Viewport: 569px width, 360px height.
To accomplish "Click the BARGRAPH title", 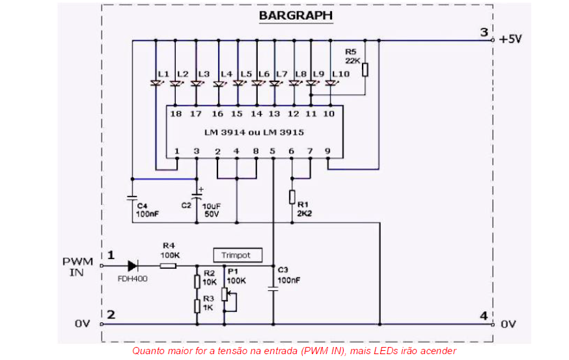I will (295, 15).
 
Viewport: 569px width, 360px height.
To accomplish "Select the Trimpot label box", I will (240, 255).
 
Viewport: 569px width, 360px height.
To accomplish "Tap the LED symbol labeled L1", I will (156, 83).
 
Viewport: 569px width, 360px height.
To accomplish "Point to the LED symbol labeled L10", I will (331, 83).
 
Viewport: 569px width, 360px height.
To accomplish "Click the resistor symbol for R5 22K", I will (365, 70).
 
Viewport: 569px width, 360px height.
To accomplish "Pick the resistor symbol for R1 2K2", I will (292, 197).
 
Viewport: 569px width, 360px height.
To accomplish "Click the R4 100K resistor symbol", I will (169, 265).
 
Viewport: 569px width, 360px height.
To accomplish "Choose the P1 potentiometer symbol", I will (225, 292).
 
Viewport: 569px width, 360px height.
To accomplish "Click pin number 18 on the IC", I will (176, 114).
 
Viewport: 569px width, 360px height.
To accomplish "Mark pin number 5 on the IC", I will (273, 151).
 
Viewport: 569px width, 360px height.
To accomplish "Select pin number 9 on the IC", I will (328, 151).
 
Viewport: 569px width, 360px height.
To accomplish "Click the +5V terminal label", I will (511, 38).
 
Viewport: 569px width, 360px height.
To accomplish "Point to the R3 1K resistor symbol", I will (197, 307).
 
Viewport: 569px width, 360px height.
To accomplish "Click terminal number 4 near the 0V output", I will (483, 316).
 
